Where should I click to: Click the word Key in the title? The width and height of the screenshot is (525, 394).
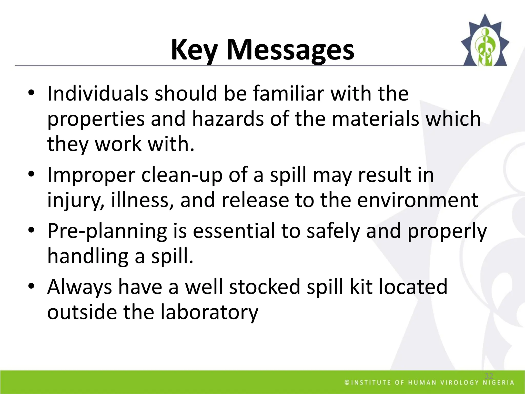(x=194, y=50)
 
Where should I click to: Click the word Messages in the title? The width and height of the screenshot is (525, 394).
(x=290, y=50)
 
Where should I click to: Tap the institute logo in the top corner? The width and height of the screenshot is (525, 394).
(x=485, y=41)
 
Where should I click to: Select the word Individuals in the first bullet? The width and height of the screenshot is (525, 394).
(x=98, y=93)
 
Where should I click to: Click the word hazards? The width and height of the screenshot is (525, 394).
(x=228, y=119)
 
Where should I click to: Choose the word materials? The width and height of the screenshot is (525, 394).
(x=376, y=119)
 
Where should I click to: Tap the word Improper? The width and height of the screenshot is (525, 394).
(x=91, y=175)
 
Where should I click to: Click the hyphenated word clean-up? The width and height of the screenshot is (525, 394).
(x=182, y=175)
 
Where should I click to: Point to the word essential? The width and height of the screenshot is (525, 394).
(x=234, y=231)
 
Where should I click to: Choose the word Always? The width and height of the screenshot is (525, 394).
(x=79, y=287)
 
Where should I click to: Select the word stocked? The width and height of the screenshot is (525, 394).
(x=265, y=287)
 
